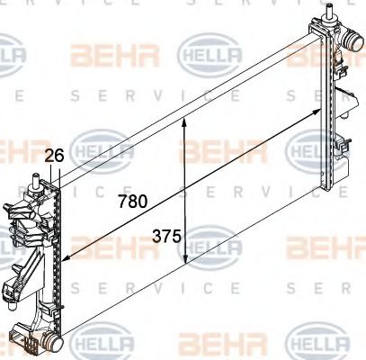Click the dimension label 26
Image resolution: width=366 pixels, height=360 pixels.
click(54, 156)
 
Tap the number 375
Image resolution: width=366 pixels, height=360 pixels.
click(167, 238)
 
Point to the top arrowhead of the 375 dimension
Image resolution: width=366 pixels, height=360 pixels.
click(185, 122)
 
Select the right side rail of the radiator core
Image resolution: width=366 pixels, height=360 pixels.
click(324, 108)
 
